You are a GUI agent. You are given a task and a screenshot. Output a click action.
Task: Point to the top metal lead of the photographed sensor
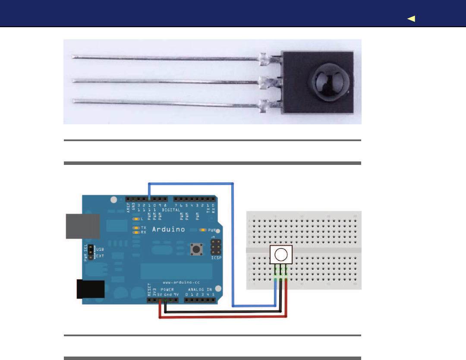(168, 57)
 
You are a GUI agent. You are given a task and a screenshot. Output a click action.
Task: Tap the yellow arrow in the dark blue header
(411, 19)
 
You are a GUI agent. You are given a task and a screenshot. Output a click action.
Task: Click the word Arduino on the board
(169, 229)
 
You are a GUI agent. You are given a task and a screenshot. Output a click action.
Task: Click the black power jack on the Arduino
(91, 289)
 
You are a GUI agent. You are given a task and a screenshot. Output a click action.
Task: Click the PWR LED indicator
(202, 230)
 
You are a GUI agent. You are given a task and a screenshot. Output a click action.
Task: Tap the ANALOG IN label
(200, 289)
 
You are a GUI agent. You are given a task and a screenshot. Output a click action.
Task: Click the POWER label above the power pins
(167, 289)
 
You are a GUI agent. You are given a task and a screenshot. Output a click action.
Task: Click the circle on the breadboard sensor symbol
(280, 254)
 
